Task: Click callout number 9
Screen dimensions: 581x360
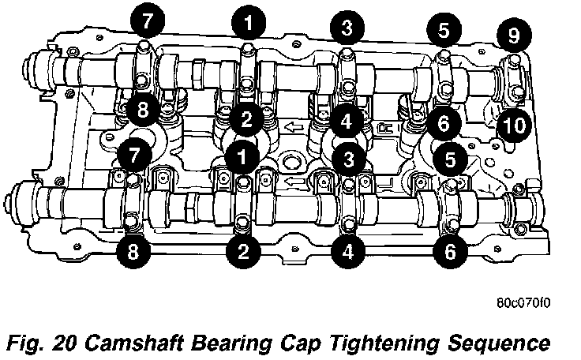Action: tap(514, 36)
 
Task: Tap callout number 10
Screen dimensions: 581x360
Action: tap(514, 125)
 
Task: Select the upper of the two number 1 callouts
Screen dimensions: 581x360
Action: tap(248, 23)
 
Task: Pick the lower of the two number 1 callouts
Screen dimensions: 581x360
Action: tap(242, 156)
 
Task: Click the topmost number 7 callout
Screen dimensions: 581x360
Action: tap(148, 21)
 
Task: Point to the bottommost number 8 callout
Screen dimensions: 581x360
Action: tap(133, 252)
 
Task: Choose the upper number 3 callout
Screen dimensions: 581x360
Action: tap(347, 28)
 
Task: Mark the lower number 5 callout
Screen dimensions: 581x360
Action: tap(450, 159)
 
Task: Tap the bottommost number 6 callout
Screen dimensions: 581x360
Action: tap(450, 251)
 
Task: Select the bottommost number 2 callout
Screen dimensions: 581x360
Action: tap(243, 251)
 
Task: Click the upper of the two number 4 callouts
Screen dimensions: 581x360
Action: tap(347, 122)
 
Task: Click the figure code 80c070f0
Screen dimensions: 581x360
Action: tap(523, 303)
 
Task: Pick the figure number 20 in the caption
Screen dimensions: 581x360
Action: tap(65, 343)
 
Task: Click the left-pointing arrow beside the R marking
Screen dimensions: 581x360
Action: tap(294, 128)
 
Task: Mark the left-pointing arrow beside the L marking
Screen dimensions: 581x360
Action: tap(295, 182)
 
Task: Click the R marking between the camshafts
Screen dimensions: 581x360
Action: tap(384, 128)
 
